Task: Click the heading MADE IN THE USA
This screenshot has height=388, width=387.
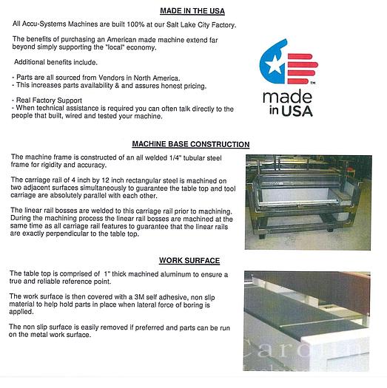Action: [x=192, y=10]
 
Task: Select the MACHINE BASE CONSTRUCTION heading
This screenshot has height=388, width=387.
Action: [x=190, y=144]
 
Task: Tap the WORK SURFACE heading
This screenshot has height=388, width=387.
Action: [x=190, y=260]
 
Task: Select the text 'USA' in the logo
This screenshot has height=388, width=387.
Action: [x=298, y=112]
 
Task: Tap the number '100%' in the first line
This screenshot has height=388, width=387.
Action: [x=127, y=24]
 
